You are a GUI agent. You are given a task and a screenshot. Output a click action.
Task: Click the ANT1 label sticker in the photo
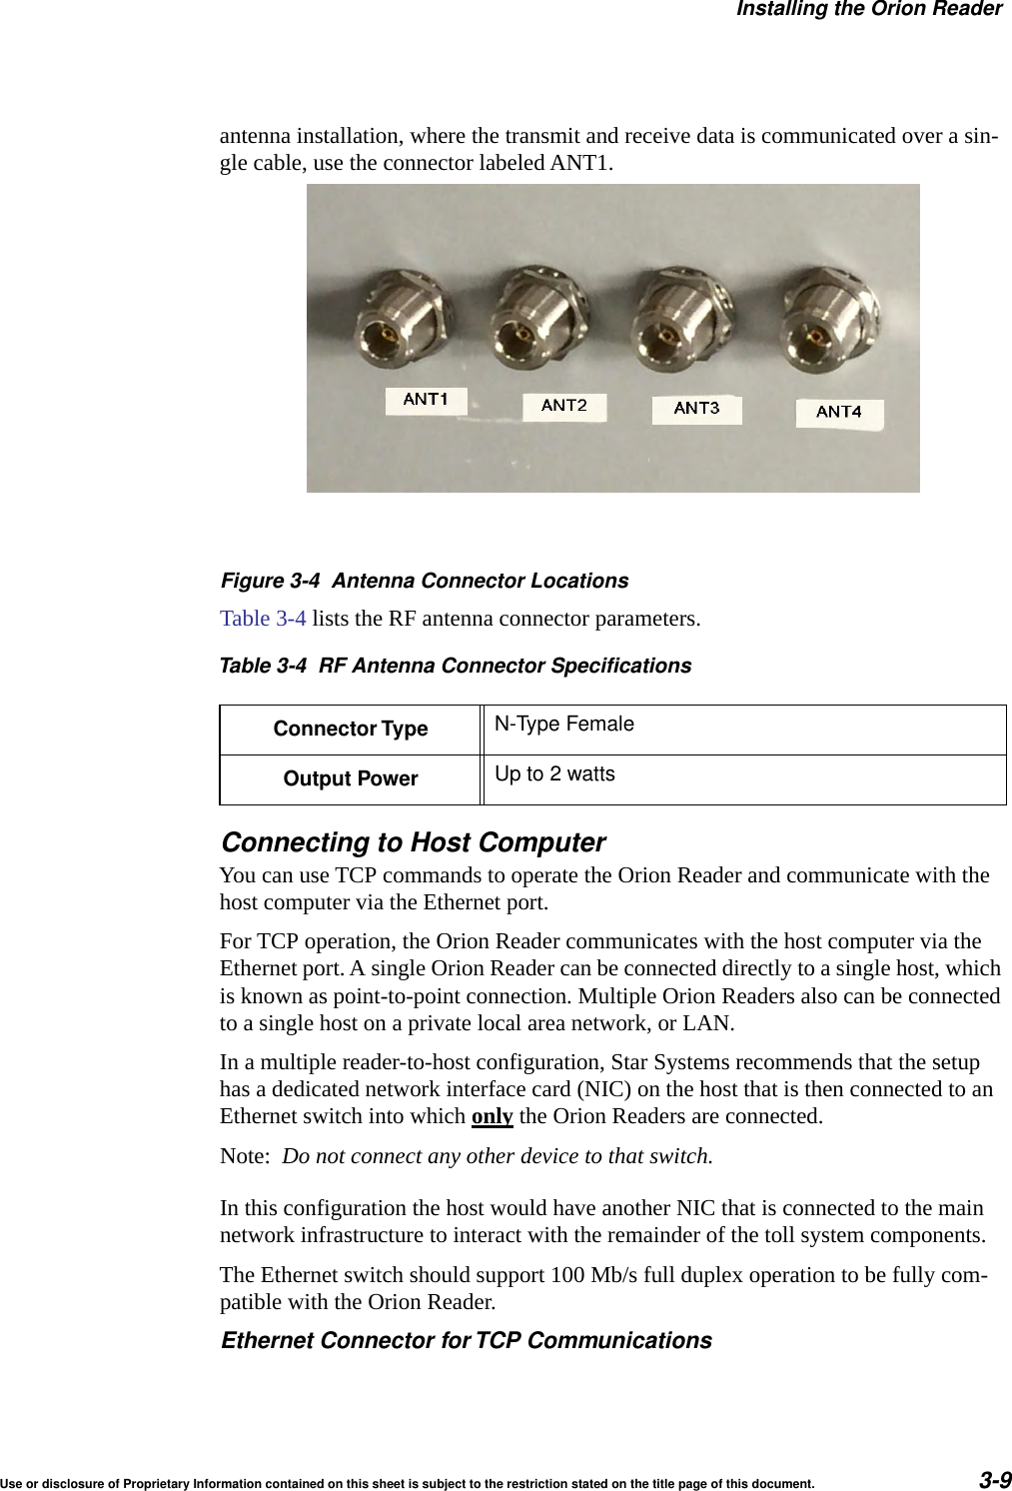click(426, 400)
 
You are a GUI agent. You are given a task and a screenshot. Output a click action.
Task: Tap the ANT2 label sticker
click(564, 406)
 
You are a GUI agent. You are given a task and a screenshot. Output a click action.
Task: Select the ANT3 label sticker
click(696, 409)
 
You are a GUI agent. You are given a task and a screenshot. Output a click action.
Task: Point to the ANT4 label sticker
click(839, 412)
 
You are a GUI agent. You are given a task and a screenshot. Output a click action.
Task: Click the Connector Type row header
click(351, 730)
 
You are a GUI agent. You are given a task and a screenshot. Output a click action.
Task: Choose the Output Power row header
click(351, 779)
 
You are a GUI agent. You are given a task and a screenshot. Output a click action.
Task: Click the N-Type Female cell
click(564, 725)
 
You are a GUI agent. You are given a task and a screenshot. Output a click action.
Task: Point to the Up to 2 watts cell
click(555, 774)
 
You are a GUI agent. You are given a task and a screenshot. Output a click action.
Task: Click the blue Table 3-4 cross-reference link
click(263, 619)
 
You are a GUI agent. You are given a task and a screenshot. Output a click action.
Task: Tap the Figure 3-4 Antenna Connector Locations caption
click(425, 582)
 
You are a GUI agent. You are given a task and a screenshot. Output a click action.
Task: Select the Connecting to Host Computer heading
click(413, 842)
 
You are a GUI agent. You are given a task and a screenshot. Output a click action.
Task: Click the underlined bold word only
click(492, 1116)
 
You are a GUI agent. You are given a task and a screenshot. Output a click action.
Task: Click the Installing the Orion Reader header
click(868, 10)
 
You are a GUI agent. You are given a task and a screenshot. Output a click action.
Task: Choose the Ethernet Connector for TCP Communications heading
click(467, 1341)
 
